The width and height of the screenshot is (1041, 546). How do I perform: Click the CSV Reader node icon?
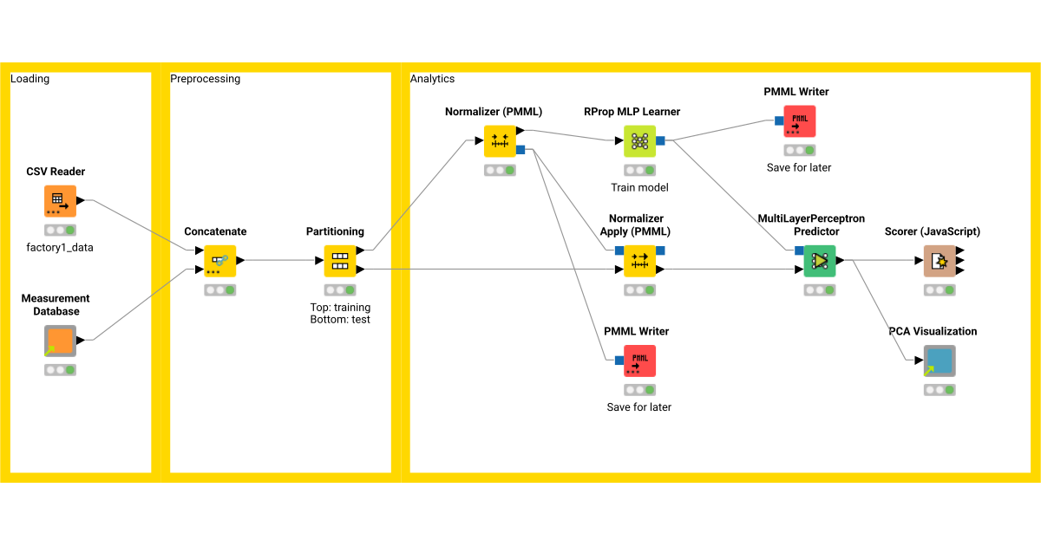click(x=60, y=201)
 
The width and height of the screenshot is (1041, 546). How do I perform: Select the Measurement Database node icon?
click(x=60, y=341)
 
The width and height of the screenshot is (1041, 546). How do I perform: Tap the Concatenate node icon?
click(x=219, y=261)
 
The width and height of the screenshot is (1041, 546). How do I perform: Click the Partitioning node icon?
click(x=339, y=261)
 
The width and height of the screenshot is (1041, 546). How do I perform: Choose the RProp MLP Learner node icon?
click(x=639, y=140)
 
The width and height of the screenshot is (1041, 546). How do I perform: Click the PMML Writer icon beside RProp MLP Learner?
click(x=799, y=121)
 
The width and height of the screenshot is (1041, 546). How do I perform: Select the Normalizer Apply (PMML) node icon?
click(x=639, y=260)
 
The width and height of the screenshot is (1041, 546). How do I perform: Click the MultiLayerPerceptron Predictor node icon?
click(x=819, y=260)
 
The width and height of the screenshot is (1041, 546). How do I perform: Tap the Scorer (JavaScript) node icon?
click(x=940, y=260)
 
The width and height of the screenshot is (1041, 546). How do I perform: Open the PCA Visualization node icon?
click(x=940, y=361)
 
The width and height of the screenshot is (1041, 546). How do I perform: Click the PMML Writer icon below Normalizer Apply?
click(x=639, y=361)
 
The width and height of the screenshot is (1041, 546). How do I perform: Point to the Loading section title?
click(x=29, y=79)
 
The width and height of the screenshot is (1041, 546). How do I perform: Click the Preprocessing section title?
click(x=205, y=79)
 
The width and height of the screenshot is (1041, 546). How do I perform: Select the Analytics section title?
click(x=432, y=79)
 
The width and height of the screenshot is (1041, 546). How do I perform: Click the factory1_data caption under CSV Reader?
click(x=60, y=247)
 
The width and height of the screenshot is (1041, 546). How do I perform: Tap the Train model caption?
click(x=639, y=187)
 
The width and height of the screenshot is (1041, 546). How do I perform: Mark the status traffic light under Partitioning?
click(x=339, y=290)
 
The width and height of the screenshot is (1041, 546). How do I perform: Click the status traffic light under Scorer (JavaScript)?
click(x=940, y=290)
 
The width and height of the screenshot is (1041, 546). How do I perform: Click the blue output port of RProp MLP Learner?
click(x=661, y=140)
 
